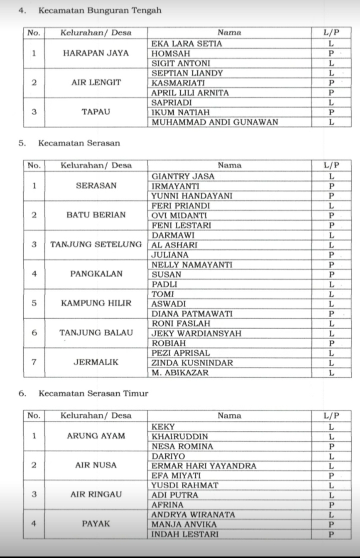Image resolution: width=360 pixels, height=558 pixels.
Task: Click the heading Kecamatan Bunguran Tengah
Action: [x=100, y=10]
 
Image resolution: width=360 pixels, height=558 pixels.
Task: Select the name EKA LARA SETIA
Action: [x=186, y=44]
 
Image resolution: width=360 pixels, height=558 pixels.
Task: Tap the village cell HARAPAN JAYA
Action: [x=96, y=53]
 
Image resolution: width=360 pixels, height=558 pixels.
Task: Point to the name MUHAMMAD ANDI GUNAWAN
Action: [x=215, y=122]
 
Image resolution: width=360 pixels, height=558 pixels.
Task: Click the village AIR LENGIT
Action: [x=96, y=83]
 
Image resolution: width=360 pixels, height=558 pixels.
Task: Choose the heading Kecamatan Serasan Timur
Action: [x=93, y=393]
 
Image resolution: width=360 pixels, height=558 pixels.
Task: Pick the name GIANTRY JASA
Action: [x=183, y=176]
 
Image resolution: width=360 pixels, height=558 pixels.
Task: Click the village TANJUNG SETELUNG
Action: [x=96, y=245]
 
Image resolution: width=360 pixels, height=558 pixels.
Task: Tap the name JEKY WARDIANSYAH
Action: [x=196, y=333]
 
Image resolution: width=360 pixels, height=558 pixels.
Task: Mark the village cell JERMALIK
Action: [x=96, y=362]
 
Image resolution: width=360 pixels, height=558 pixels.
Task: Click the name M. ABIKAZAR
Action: [x=180, y=373]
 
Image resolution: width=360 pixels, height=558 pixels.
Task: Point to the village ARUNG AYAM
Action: [x=96, y=436]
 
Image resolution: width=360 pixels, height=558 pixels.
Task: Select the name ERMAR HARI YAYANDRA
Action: [x=204, y=466]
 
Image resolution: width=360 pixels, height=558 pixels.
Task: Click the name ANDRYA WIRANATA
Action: [x=193, y=514]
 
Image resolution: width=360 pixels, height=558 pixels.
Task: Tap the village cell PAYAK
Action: [x=96, y=524]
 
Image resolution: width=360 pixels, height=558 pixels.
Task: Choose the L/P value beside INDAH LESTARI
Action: [x=331, y=534]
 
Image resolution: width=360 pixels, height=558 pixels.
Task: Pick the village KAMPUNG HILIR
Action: [x=96, y=304]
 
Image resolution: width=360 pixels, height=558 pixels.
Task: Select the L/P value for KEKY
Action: [x=331, y=427]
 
